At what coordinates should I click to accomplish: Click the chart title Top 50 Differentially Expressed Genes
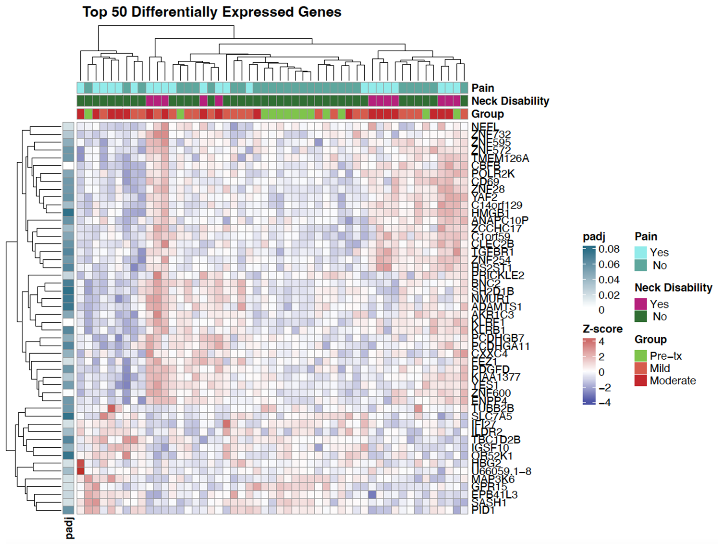click(212, 12)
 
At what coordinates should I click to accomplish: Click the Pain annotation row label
click(483, 88)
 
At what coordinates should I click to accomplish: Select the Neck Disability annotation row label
click(510, 101)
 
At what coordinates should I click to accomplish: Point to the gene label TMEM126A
click(500, 158)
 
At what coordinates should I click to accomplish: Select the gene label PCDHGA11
click(500, 346)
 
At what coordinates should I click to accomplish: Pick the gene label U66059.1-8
click(501, 471)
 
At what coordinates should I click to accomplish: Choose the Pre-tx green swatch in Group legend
click(640, 356)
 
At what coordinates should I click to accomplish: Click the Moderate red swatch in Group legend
click(640, 381)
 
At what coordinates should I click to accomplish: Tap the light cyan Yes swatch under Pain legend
click(640, 252)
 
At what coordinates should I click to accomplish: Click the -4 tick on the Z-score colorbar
click(604, 403)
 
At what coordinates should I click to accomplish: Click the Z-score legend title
click(602, 329)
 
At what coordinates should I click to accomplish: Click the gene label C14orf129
click(497, 205)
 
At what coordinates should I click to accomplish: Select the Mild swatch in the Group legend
click(640, 368)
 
